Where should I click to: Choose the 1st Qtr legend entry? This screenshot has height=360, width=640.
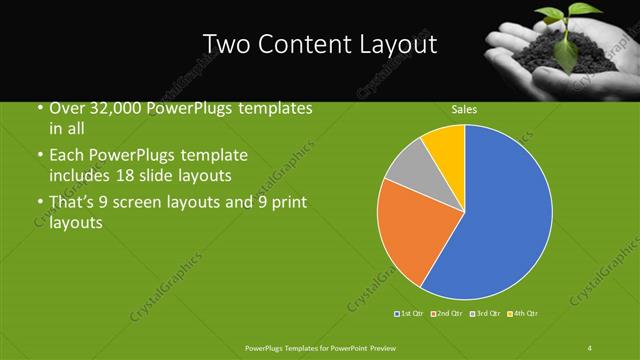point(410,314)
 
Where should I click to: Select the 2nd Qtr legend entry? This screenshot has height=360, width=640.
point(446,314)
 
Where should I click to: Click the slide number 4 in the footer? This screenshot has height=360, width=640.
point(589,347)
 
